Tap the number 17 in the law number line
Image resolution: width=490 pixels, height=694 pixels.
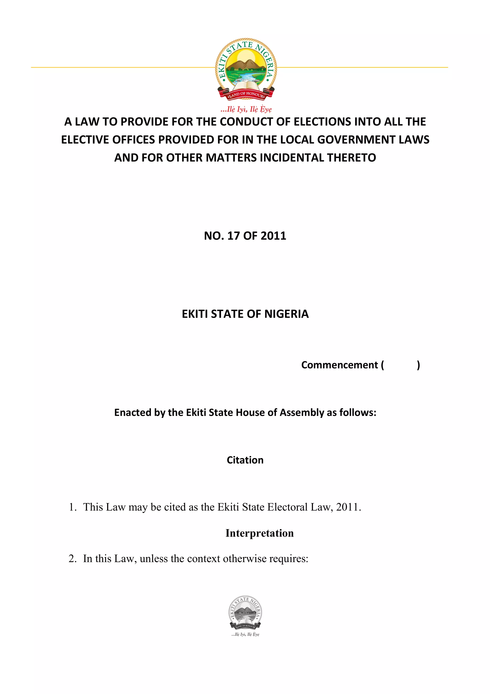[233, 236]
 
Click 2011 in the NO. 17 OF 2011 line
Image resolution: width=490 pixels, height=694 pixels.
[273, 236]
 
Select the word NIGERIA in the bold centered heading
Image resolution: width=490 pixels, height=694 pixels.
[287, 314]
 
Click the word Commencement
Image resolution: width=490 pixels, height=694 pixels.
[340, 365]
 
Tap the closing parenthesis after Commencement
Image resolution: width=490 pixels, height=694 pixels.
[418, 365]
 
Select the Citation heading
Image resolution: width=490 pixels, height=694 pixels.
[245, 460]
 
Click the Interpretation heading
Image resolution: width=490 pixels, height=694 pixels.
[260, 533]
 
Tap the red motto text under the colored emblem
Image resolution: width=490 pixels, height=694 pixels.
[246, 109]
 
